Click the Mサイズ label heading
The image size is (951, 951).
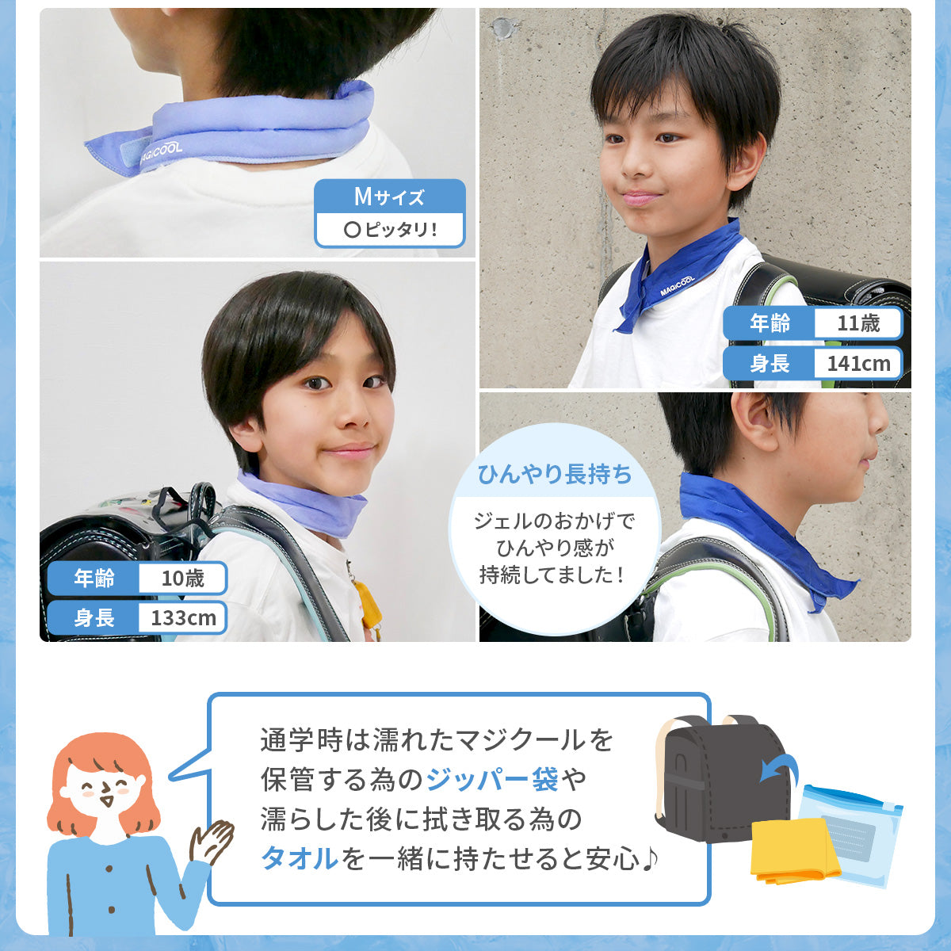(x=389, y=197)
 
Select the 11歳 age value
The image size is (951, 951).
(x=858, y=323)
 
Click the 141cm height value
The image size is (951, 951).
(x=859, y=364)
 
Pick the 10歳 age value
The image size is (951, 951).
(x=182, y=579)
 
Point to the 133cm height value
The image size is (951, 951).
(x=183, y=618)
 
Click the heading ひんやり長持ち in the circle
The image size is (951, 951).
(x=555, y=474)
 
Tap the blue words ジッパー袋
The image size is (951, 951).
(x=492, y=779)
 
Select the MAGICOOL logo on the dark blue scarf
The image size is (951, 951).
(x=677, y=286)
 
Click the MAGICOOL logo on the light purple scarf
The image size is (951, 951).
(x=161, y=154)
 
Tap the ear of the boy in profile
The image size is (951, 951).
(x=753, y=419)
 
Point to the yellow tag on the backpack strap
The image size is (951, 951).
(x=369, y=604)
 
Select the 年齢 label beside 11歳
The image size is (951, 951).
(x=770, y=323)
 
